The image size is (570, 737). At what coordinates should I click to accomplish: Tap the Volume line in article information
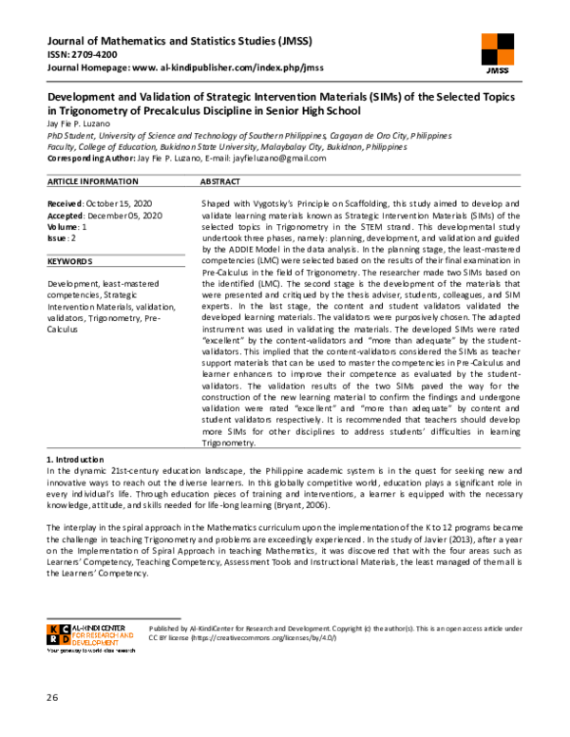click(67, 227)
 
